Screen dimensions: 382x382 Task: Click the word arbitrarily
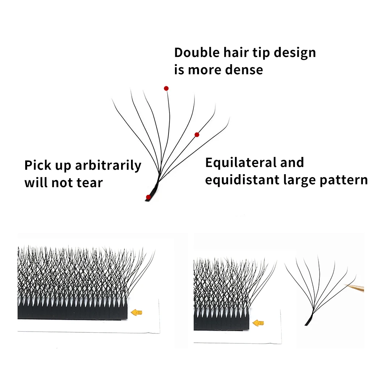click(x=108, y=166)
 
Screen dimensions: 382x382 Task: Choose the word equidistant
click(x=242, y=180)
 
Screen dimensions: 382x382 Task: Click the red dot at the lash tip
click(x=166, y=88)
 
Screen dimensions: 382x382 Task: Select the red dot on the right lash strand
click(x=197, y=134)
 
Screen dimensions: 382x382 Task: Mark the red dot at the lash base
click(x=148, y=197)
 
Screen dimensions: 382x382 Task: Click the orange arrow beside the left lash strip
click(x=136, y=312)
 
